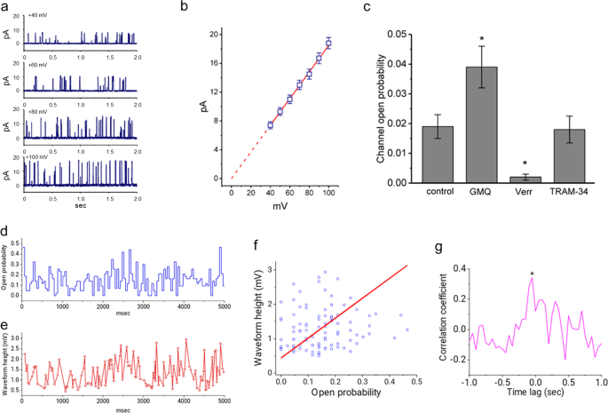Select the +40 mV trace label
pos(38,15)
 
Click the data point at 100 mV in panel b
pos(328,43)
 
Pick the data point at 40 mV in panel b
pos(270,125)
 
